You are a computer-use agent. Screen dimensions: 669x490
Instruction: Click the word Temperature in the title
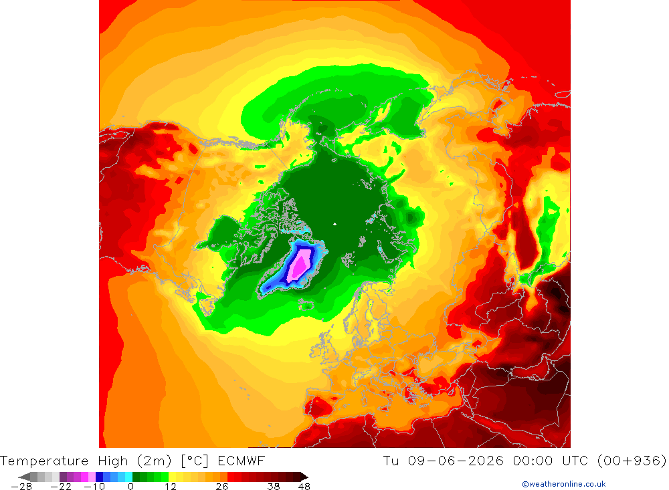pos(44,461)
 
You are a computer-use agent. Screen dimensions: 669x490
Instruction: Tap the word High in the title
pos(113,461)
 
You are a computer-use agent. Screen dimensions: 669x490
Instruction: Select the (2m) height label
pos(155,461)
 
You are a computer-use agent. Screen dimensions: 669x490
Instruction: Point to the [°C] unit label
pos(195,461)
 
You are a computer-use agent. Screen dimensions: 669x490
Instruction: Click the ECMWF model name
pos(242,461)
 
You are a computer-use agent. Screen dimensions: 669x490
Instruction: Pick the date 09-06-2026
pos(456,461)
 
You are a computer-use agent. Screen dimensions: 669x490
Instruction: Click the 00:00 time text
pos(533,461)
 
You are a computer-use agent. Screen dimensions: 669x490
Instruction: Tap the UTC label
pos(575,461)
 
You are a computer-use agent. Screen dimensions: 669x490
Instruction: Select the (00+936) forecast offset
pos(632,461)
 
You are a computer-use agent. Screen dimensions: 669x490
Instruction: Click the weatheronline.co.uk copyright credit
pos(564,484)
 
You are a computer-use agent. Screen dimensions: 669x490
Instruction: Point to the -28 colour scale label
pos(21,487)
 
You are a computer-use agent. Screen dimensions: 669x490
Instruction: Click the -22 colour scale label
pos(61,487)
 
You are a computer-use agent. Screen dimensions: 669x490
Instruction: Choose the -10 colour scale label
pos(94,487)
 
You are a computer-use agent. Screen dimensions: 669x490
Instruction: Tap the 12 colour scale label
pos(171,487)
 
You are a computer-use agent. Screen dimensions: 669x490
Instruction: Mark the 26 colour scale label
pos(222,487)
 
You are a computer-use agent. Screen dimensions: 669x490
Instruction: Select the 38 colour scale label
pos(274,487)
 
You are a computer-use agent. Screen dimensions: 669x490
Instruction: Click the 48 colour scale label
pos(304,487)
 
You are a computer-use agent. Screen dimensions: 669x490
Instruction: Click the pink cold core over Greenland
pos(300,265)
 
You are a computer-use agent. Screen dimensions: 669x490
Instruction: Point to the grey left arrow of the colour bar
pos(24,477)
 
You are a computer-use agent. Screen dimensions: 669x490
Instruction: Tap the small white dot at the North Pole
pos(335,224)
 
